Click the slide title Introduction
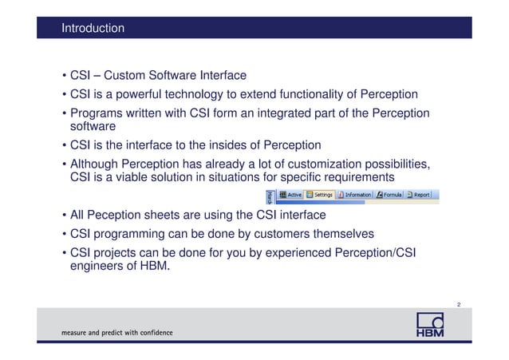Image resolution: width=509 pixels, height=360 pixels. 93,29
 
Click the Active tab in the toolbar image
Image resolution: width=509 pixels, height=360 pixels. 290,194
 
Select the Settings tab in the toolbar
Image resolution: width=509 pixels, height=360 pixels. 319,194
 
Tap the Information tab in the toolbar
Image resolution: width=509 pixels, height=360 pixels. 354,194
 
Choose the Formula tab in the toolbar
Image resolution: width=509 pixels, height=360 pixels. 391,194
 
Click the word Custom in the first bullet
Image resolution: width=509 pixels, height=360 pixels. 126,76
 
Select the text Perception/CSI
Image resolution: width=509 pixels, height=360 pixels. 368,253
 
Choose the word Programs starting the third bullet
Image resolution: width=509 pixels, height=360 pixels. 99,113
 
